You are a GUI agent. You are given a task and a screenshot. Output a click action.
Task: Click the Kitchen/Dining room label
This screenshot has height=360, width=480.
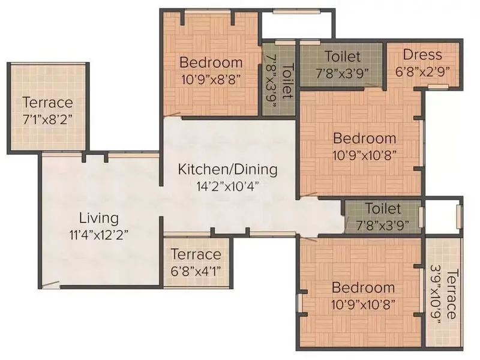tap(228, 170)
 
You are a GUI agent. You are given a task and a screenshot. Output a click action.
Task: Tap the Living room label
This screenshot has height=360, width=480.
tap(99, 218)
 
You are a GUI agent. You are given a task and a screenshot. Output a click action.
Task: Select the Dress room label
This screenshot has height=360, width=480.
tap(422, 55)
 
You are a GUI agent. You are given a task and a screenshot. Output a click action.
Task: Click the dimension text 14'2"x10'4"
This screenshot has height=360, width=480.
tap(228, 186)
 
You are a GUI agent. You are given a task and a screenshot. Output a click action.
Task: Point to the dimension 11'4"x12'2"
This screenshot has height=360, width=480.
tap(99, 235)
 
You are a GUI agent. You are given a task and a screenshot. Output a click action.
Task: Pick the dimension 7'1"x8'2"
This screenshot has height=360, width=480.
tap(48, 119)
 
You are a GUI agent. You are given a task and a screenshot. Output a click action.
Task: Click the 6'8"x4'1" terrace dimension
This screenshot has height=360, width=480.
tap(196, 271)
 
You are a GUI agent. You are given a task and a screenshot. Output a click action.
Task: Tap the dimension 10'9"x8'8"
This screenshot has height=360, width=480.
tap(211, 80)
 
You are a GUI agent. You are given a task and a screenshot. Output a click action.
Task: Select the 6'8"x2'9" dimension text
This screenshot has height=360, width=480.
tap(423, 72)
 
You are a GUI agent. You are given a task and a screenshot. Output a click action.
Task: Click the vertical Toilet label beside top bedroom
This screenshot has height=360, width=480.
tap(287, 81)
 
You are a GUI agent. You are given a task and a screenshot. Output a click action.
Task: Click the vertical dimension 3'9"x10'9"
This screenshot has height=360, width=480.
tap(436, 294)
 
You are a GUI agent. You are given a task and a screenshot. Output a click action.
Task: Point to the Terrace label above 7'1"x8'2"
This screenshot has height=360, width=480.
tap(48, 103)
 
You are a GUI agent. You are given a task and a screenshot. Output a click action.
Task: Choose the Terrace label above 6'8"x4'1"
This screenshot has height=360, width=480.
tap(196, 254)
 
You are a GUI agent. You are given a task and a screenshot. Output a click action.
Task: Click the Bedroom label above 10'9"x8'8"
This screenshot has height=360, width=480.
tap(211, 62)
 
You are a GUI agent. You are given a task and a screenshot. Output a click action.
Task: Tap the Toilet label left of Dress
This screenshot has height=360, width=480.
tap(342, 56)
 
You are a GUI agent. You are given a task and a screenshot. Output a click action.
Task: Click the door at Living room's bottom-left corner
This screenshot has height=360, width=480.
tap(50, 284)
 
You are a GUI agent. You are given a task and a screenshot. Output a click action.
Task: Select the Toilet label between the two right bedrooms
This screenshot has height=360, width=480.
tap(383, 209)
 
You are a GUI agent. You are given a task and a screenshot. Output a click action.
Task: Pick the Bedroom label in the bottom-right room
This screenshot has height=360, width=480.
tap(364, 288)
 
